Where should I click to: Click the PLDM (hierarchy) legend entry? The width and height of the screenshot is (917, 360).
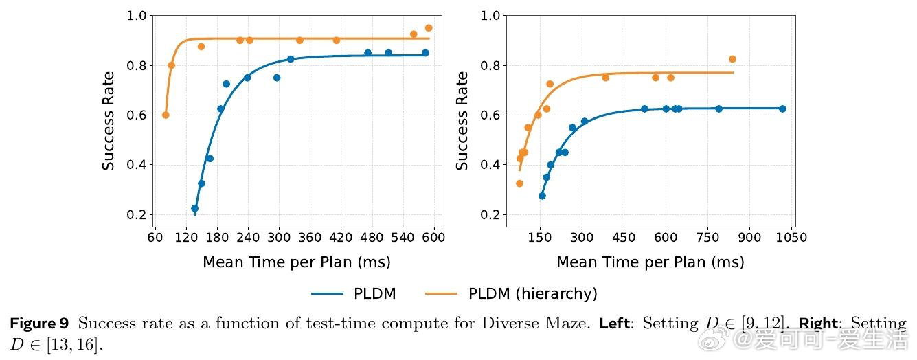coord(532,294)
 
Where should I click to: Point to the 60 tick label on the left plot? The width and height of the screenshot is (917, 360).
coord(155,238)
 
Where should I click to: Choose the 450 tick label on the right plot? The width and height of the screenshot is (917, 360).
coord(624,238)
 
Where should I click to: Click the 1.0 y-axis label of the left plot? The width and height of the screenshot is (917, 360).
coord(137,15)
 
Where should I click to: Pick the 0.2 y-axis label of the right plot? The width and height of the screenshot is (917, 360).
coord(490,215)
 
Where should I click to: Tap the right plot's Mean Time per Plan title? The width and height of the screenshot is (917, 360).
coord(650,262)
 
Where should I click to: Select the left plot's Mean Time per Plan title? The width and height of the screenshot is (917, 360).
coord(296,262)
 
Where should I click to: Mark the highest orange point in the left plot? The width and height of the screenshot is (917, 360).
coord(429,28)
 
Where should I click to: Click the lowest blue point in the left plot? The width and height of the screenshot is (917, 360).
coord(194,208)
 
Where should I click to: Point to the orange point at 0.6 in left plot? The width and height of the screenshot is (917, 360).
coord(166,115)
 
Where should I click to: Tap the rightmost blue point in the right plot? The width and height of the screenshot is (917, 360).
coord(782,109)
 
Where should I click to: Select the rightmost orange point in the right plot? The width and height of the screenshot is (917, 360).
coord(732,59)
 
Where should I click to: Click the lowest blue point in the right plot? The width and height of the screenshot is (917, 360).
coord(542,196)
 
